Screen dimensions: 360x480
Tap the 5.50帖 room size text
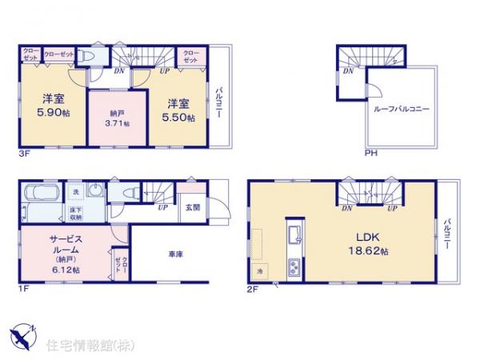pos(178,116)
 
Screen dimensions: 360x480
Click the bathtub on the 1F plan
pos(40,194)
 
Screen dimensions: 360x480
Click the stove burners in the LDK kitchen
pos(293,266)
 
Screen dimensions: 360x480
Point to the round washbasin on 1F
pos(96,193)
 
